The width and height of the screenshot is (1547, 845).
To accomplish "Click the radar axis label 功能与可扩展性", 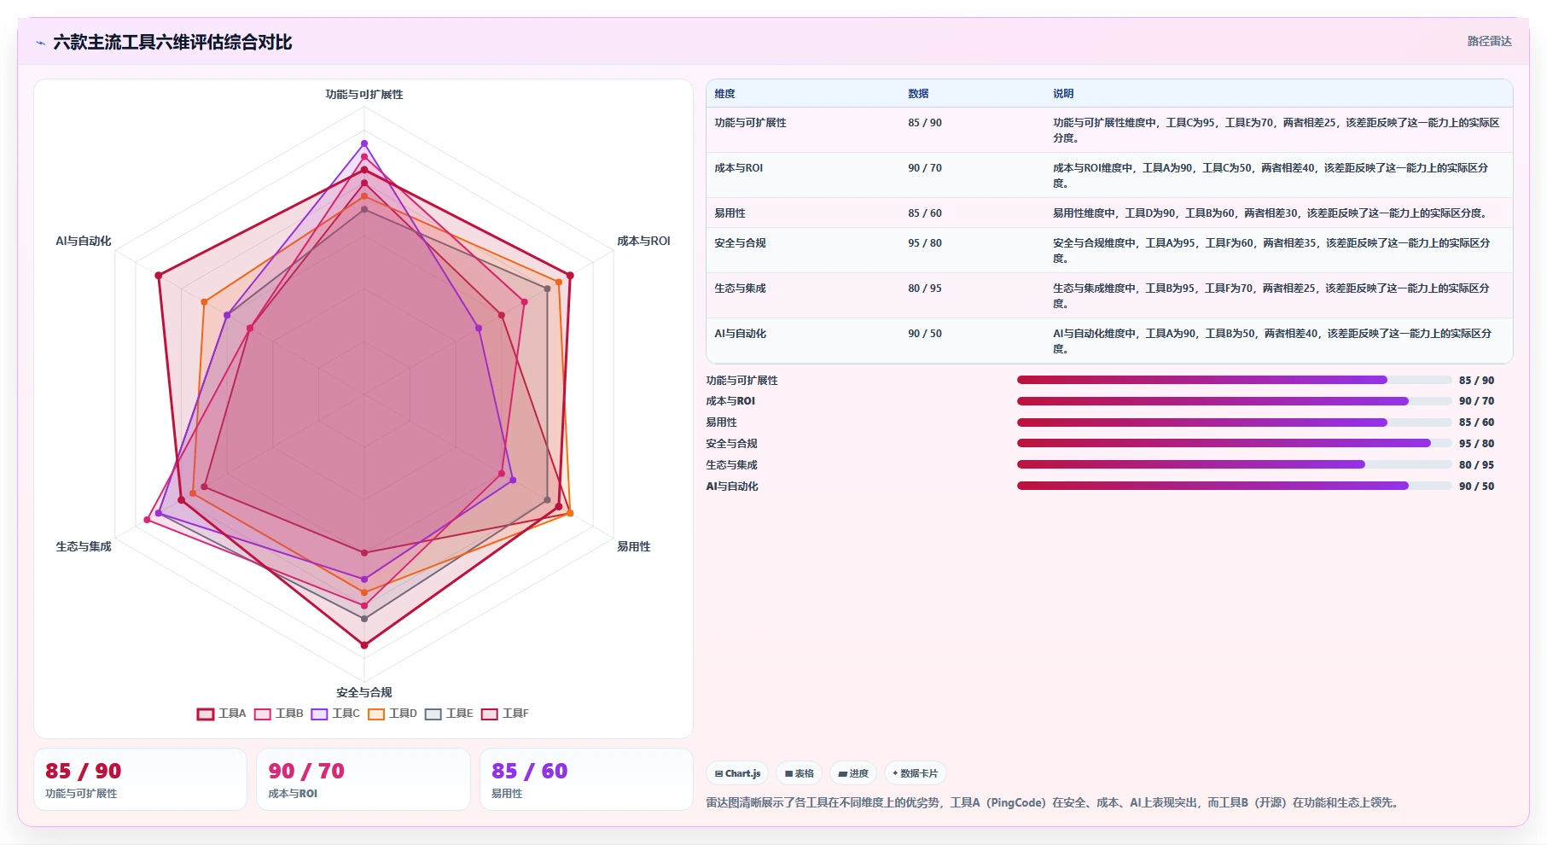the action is tap(364, 95).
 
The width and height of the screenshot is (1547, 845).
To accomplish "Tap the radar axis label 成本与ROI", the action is tap(643, 242).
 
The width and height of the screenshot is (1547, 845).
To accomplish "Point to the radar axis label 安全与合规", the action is tap(364, 692).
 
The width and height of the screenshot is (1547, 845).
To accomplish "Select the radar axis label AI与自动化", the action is tap(84, 242).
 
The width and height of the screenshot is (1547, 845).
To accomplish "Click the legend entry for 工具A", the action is tap(222, 714).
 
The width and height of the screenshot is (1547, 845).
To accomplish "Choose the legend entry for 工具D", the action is tap(393, 714).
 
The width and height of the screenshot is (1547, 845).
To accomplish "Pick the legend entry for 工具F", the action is tap(505, 714).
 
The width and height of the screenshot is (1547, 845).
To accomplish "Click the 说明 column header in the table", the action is tap(1063, 94).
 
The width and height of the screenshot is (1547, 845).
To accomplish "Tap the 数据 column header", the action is tap(918, 94).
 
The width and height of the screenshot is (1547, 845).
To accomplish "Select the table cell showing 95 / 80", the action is tap(925, 243).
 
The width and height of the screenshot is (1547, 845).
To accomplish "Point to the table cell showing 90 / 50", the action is tap(925, 334).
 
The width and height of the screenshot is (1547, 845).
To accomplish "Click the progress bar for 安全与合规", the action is tap(1234, 443).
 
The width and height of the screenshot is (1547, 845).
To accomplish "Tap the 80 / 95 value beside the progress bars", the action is tap(1476, 465).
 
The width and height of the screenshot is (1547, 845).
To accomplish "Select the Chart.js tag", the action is tap(737, 773).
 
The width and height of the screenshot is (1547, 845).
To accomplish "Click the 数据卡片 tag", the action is tap(915, 773).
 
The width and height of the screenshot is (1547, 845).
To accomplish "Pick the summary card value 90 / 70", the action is tap(306, 772).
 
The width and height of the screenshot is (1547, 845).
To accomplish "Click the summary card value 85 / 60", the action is tap(529, 772).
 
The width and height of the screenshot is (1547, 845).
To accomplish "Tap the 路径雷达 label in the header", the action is tap(1489, 41).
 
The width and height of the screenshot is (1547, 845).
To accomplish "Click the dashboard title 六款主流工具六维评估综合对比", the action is tap(172, 42).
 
